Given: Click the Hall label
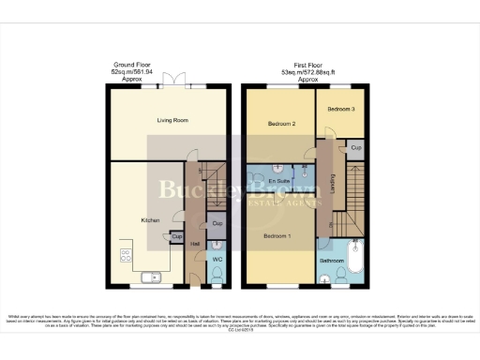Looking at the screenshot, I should pyautogui.click(x=195, y=245).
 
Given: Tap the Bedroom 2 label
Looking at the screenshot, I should pyautogui.click(x=280, y=124).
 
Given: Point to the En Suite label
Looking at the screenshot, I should pyautogui.click(x=277, y=179).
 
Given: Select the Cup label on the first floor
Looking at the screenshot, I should pyautogui.click(x=355, y=148).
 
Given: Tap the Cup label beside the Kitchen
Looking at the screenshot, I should pyautogui.click(x=176, y=236).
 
